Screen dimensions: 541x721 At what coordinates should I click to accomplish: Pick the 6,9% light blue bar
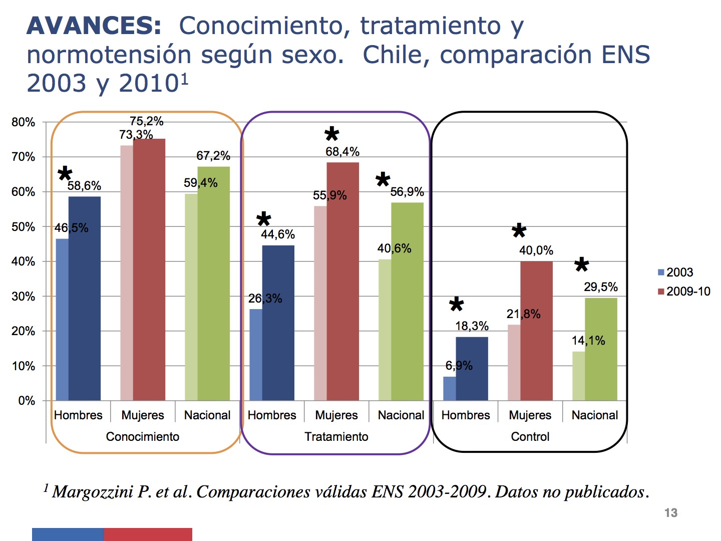point(449,389)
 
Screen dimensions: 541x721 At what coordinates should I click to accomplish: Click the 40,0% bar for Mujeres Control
point(536,331)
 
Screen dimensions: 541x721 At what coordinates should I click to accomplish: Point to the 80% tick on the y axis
point(24,123)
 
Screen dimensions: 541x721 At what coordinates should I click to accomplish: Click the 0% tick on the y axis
point(27,401)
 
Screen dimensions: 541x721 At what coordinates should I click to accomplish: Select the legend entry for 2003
point(675,273)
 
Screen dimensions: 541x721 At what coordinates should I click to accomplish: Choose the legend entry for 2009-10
point(684,292)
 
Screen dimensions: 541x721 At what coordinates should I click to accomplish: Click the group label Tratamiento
point(336,437)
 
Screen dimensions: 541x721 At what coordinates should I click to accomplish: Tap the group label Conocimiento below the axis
point(142,437)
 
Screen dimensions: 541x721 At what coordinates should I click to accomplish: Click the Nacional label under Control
point(594,415)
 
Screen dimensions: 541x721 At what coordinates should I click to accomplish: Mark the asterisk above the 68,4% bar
point(331,134)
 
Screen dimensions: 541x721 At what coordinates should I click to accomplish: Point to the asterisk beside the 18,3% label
point(456,305)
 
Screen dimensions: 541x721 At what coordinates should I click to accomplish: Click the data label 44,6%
point(278,234)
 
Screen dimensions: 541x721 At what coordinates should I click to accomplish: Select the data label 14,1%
point(588,341)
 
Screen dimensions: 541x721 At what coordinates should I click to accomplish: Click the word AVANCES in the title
point(94,26)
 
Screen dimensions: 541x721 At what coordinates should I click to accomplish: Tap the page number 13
point(670,513)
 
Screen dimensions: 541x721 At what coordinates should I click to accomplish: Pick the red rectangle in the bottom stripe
point(148,534)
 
